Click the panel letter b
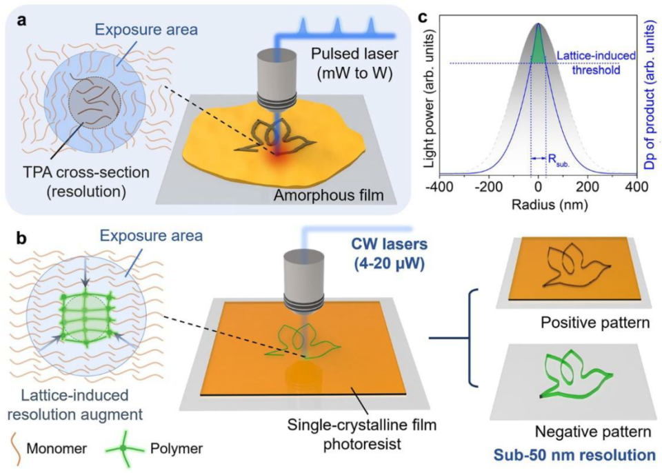[22, 238]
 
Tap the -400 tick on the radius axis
[439, 186]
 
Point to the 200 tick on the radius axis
[587, 186]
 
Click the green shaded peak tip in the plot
[538, 24]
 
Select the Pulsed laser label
[354, 54]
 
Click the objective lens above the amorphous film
[274, 84]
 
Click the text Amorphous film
[328, 195]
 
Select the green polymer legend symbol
[124, 447]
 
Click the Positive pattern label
[595, 323]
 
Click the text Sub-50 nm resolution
[574, 455]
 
